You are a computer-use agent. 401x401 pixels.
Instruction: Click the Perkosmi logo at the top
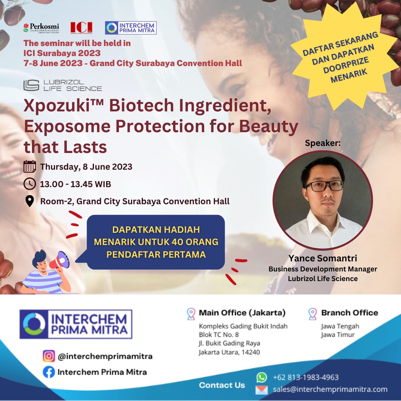[41, 27]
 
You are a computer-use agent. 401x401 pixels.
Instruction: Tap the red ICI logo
[81, 27]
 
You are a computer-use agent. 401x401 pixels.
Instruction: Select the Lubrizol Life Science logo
[62, 85]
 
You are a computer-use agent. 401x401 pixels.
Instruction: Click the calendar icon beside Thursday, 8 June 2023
[30, 167]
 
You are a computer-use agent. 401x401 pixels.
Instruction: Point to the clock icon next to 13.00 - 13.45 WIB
[30, 184]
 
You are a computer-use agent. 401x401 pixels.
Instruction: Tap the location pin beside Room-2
[29, 201]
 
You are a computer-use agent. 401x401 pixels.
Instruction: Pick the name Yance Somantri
[323, 258]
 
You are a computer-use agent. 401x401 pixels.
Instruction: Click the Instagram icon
[49, 356]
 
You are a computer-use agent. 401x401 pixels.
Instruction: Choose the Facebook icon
[49, 372]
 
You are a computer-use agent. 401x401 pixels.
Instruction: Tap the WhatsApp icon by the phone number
[262, 377]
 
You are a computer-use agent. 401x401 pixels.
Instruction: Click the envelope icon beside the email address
[261, 390]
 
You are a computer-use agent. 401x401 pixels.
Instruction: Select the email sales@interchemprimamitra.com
[330, 389]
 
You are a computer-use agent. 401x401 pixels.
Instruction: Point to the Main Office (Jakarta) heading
[242, 313]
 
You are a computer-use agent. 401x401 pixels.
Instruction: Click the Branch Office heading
[349, 313]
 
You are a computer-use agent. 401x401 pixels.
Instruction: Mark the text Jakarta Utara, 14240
[229, 352]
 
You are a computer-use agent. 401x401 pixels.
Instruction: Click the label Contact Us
[222, 385]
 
